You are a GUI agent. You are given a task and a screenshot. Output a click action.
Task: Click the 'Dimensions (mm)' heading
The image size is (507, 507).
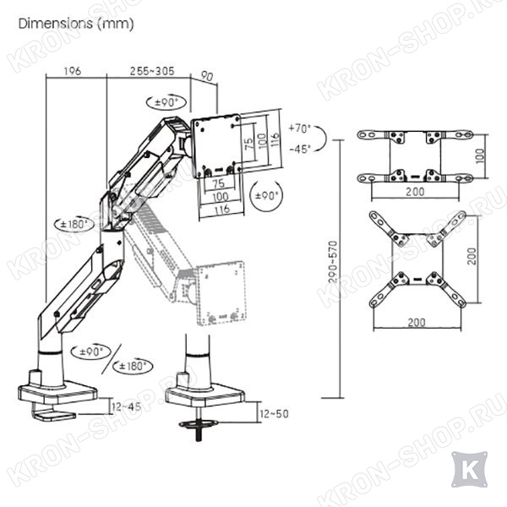(x=76, y=24)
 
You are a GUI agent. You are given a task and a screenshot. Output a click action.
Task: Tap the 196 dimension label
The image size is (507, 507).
(x=73, y=71)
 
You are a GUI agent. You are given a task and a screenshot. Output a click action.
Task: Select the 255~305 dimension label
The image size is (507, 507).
(x=152, y=71)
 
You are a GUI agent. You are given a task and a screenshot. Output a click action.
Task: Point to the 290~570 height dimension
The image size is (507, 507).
(x=333, y=262)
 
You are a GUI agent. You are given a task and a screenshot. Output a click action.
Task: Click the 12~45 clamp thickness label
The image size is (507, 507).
(x=126, y=406)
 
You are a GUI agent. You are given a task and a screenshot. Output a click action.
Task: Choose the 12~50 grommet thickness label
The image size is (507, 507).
(x=274, y=414)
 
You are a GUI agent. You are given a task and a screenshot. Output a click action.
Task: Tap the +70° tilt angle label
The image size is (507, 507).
(x=300, y=128)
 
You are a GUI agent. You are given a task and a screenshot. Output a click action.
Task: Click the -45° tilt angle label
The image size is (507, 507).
(x=300, y=149)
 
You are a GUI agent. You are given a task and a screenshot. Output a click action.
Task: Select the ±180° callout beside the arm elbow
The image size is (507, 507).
(x=74, y=224)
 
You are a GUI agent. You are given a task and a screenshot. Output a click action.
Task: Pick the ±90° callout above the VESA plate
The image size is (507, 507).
(x=166, y=102)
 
